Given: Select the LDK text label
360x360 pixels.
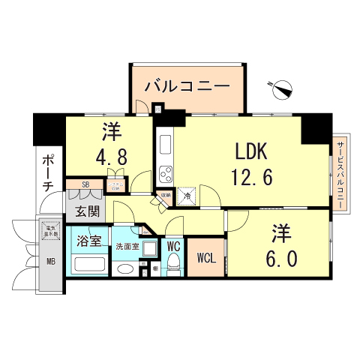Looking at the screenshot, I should click(x=251, y=152).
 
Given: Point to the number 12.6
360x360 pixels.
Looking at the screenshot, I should click(x=251, y=178).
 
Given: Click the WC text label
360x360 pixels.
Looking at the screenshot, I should click(x=172, y=245).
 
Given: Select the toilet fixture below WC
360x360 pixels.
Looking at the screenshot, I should click(x=173, y=262).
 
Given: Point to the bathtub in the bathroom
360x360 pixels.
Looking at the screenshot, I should click(x=91, y=265).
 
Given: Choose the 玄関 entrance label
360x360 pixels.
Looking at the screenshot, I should click(x=86, y=212).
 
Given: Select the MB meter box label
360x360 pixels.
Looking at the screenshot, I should click(x=51, y=262).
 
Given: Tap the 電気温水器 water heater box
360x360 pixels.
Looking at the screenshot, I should click(x=51, y=229).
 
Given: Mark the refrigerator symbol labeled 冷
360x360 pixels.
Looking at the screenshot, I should click(x=188, y=194).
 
